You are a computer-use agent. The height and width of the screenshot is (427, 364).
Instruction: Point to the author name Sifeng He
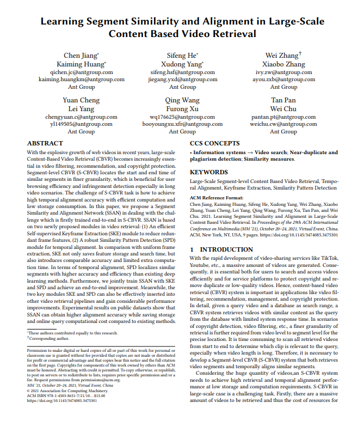(x=182, y=56)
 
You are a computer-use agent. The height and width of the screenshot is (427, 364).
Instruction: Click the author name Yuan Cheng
(x=81, y=100)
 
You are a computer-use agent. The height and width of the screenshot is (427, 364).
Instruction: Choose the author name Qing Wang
(x=182, y=100)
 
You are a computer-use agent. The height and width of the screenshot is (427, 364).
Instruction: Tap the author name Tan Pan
(x=283, y=100)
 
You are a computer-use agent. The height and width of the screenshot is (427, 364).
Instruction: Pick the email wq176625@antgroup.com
(x=182, y=117)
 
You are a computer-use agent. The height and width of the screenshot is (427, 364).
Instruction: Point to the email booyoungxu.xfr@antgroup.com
(x=182, y=124)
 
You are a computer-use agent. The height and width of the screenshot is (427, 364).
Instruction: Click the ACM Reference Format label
(x=217, y=198)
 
